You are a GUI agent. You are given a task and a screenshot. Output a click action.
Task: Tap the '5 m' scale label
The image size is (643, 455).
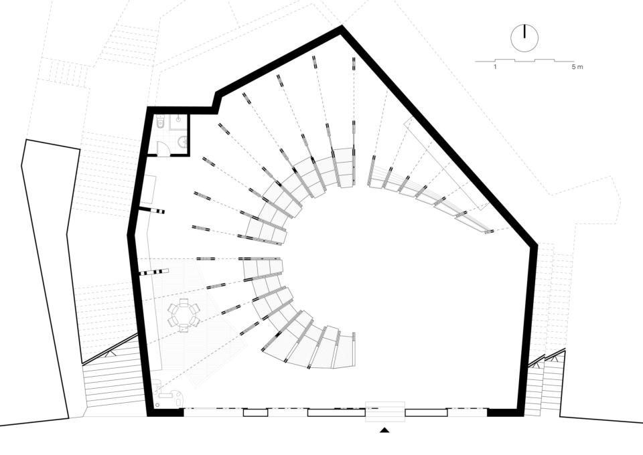[x=577, y=67]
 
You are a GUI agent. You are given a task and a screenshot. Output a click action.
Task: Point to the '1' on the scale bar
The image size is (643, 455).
[x=496, y=67]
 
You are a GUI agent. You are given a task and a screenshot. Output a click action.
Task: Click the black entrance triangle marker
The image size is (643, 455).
[x=384, y=430]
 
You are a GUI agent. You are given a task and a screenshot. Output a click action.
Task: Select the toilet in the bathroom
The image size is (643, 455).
[x=160, y=122]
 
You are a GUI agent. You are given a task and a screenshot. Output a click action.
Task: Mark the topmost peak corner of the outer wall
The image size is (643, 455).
[x=342, y=26]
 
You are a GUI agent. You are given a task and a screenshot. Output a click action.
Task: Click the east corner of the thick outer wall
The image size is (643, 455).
[x=537, y=245]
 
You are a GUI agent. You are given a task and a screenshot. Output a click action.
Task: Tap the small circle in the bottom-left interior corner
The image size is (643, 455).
[x=157, y=405]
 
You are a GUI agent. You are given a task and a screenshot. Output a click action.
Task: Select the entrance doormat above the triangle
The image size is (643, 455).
[x=385, y=412]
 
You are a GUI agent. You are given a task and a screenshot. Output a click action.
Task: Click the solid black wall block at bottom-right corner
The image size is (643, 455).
[x=505, y=412]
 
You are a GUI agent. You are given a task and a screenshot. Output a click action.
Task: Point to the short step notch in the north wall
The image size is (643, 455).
[x=216, y=100]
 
